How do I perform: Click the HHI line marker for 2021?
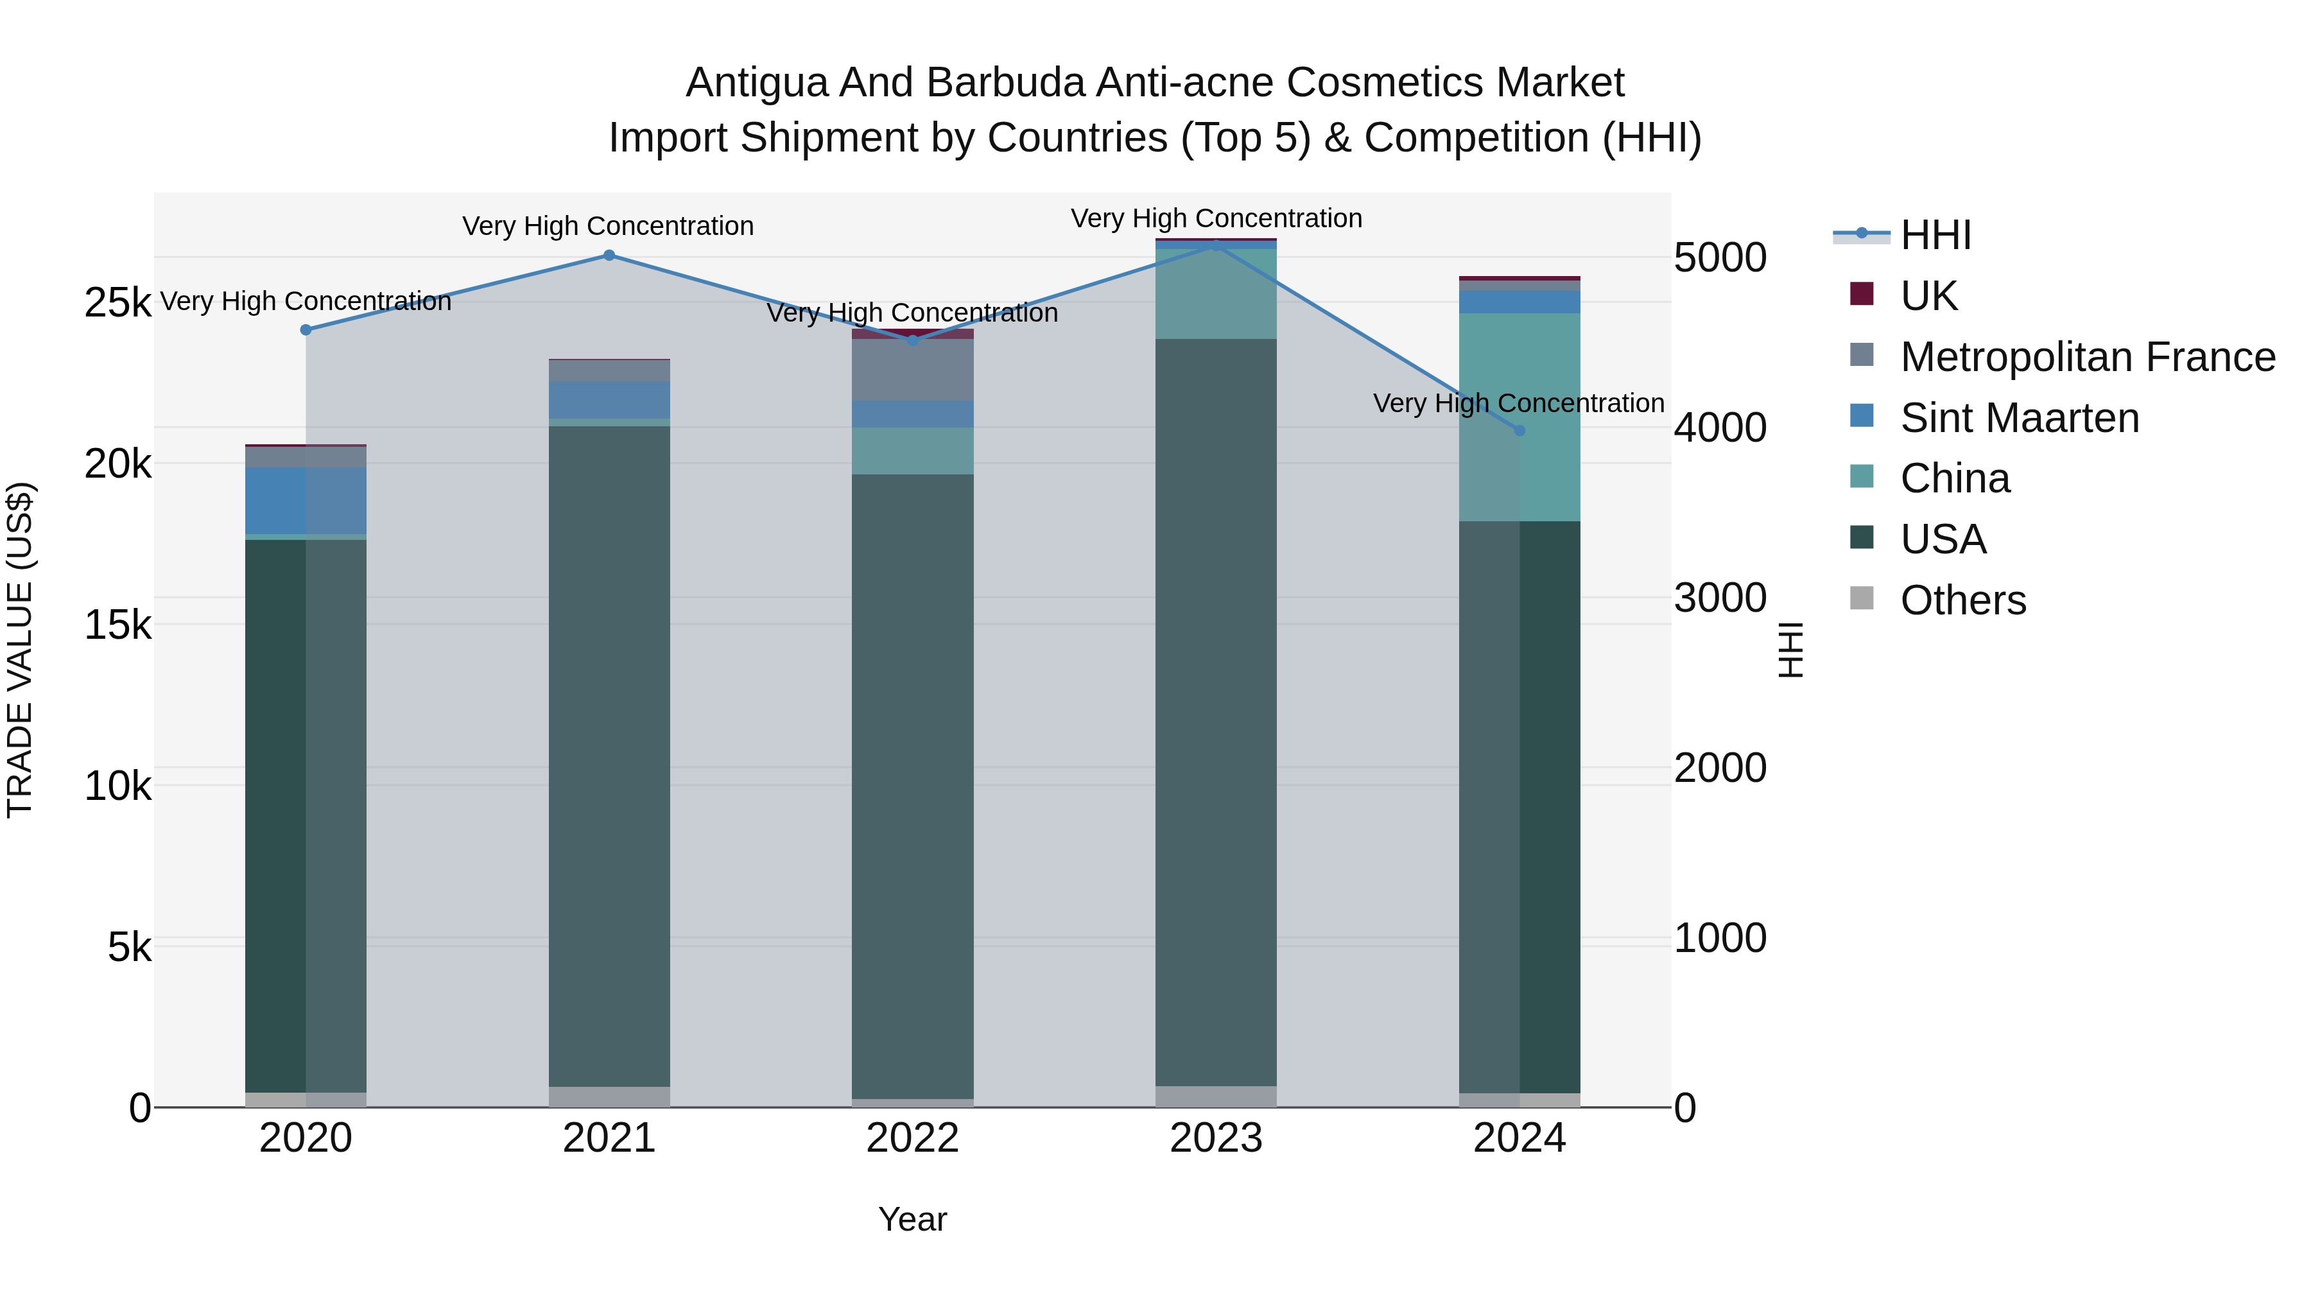(x=609, y=255)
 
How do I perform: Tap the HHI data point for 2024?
(x=1519, y=431)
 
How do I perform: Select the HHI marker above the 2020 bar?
(x=306, y=329)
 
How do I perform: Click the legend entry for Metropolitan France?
(x=2088, y=357)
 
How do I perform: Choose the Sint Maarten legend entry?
(x=2020, y=418)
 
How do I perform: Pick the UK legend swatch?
(x=1862, y=294)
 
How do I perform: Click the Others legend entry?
(x=1963, y=600)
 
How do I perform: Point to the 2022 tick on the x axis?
(x=912, y=1138)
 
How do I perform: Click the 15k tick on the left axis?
(x=117, y=625)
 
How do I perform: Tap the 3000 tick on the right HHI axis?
(x=1720, y=598)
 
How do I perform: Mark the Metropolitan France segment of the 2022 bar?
(x=912, y=370)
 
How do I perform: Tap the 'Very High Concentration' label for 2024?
(x=1518, y=404)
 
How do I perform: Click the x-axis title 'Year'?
(x=912, y=1219)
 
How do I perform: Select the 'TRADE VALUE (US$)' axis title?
(x=20, y=650)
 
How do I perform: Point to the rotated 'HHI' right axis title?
(x=1790, y=650)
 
